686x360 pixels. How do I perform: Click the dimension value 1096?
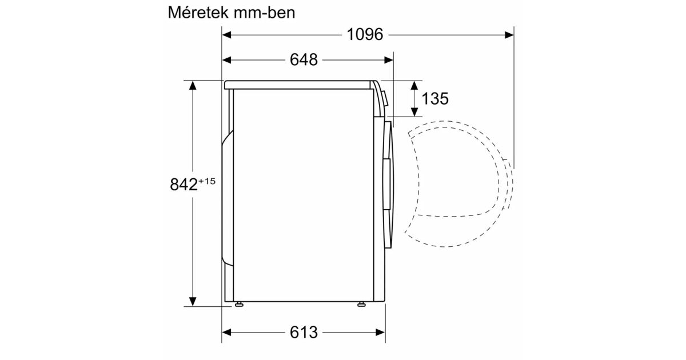pos(365,34)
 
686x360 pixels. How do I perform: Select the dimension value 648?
pos(304,59)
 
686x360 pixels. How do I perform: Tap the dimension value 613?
pos(304,332)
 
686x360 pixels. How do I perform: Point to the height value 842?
pos(184,185)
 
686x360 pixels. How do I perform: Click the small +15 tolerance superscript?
pos(207,181)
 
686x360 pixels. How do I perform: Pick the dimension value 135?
pos(435,98)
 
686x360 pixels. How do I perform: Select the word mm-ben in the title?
pos(264,13)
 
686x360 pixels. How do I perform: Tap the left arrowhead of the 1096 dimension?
pos(226,35)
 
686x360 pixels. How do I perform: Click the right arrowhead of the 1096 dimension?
pos(509,35)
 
